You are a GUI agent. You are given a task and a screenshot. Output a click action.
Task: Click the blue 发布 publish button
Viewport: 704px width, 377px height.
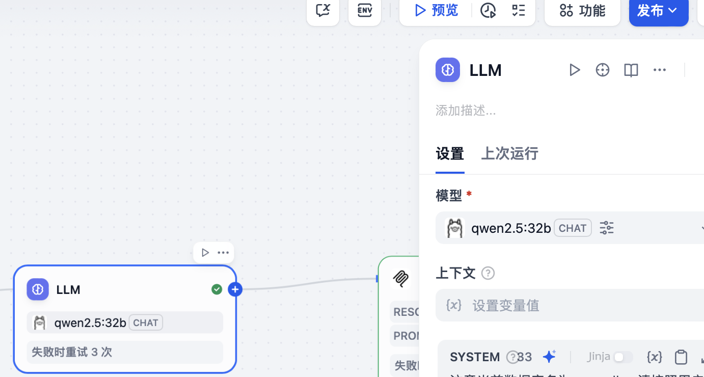(658, 11)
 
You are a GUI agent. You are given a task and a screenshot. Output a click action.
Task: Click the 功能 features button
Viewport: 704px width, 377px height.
(582, 11)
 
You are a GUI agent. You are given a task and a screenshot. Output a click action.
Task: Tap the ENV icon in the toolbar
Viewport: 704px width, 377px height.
(365, 11)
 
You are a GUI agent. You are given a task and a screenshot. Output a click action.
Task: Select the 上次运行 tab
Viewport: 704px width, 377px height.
(509, 153)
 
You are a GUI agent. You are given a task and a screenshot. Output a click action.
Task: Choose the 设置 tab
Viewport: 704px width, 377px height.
(450, 153)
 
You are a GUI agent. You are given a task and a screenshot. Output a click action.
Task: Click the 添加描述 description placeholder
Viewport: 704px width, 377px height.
(466, 111)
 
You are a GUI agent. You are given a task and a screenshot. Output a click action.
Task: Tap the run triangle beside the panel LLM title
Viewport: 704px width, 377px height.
(575, 70)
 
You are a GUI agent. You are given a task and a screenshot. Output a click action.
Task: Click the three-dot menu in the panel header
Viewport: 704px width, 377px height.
(660, 70)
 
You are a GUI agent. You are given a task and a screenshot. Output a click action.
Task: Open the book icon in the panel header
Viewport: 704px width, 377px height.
(631, 70)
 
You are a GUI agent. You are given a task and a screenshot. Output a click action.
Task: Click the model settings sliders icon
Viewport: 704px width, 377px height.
(606, 228)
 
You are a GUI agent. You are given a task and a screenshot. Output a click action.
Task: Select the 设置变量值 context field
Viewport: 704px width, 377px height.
(505, 305)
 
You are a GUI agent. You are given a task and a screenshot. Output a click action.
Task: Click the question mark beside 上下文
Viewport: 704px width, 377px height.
(488, 273)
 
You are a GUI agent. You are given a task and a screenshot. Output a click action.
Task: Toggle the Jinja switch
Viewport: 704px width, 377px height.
(622, 357)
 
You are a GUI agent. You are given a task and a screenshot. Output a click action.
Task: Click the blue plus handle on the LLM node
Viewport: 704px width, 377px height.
(235, 289)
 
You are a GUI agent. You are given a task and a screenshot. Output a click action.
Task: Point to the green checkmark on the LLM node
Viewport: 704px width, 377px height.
(217, 289)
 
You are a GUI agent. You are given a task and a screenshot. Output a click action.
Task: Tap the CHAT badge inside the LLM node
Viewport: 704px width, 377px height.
(146, 322)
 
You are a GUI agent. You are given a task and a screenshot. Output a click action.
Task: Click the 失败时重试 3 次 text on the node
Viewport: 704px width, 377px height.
(72, 352)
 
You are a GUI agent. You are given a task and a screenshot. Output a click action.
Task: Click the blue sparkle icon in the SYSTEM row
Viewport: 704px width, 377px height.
(549, 357)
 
